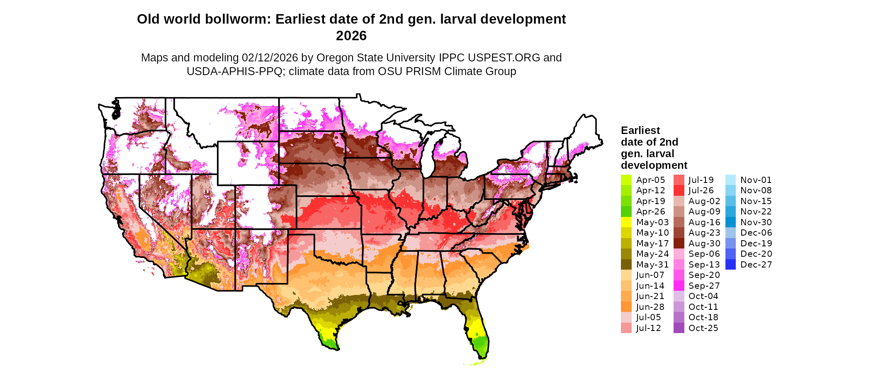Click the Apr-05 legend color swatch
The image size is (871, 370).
626,180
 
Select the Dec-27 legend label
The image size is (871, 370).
756,265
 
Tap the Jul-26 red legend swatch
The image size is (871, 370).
679,190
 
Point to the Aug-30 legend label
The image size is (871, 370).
704,243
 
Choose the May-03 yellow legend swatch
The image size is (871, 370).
626,222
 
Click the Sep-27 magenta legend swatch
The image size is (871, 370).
679,286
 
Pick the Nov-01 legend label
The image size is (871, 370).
756,180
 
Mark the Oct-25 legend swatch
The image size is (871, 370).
679,328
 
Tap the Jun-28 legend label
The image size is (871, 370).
650,307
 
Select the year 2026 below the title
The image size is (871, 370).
351,36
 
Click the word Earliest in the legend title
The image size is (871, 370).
640,131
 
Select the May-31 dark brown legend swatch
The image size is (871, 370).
626,265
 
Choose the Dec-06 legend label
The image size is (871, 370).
756,233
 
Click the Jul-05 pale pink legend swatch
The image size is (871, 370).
626,317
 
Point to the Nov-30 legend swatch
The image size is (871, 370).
730,222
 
